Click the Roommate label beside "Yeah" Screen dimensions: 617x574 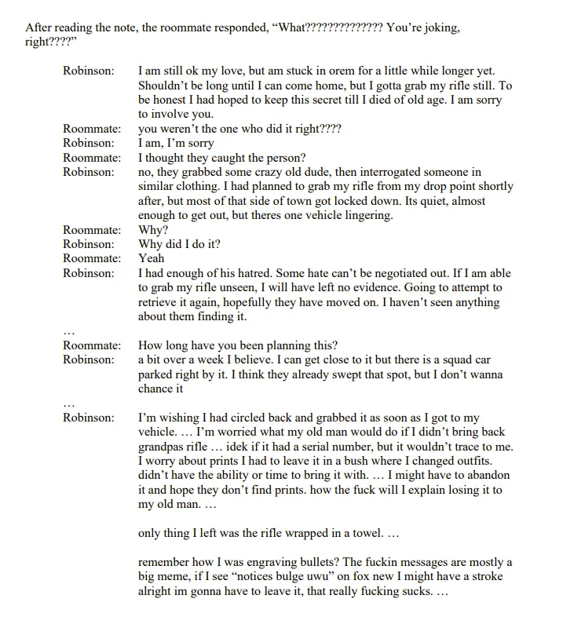[x=92, y=258]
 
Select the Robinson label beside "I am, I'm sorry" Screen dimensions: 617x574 [x=89, y=144]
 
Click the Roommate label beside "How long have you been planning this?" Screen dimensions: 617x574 [x=92, y=345]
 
